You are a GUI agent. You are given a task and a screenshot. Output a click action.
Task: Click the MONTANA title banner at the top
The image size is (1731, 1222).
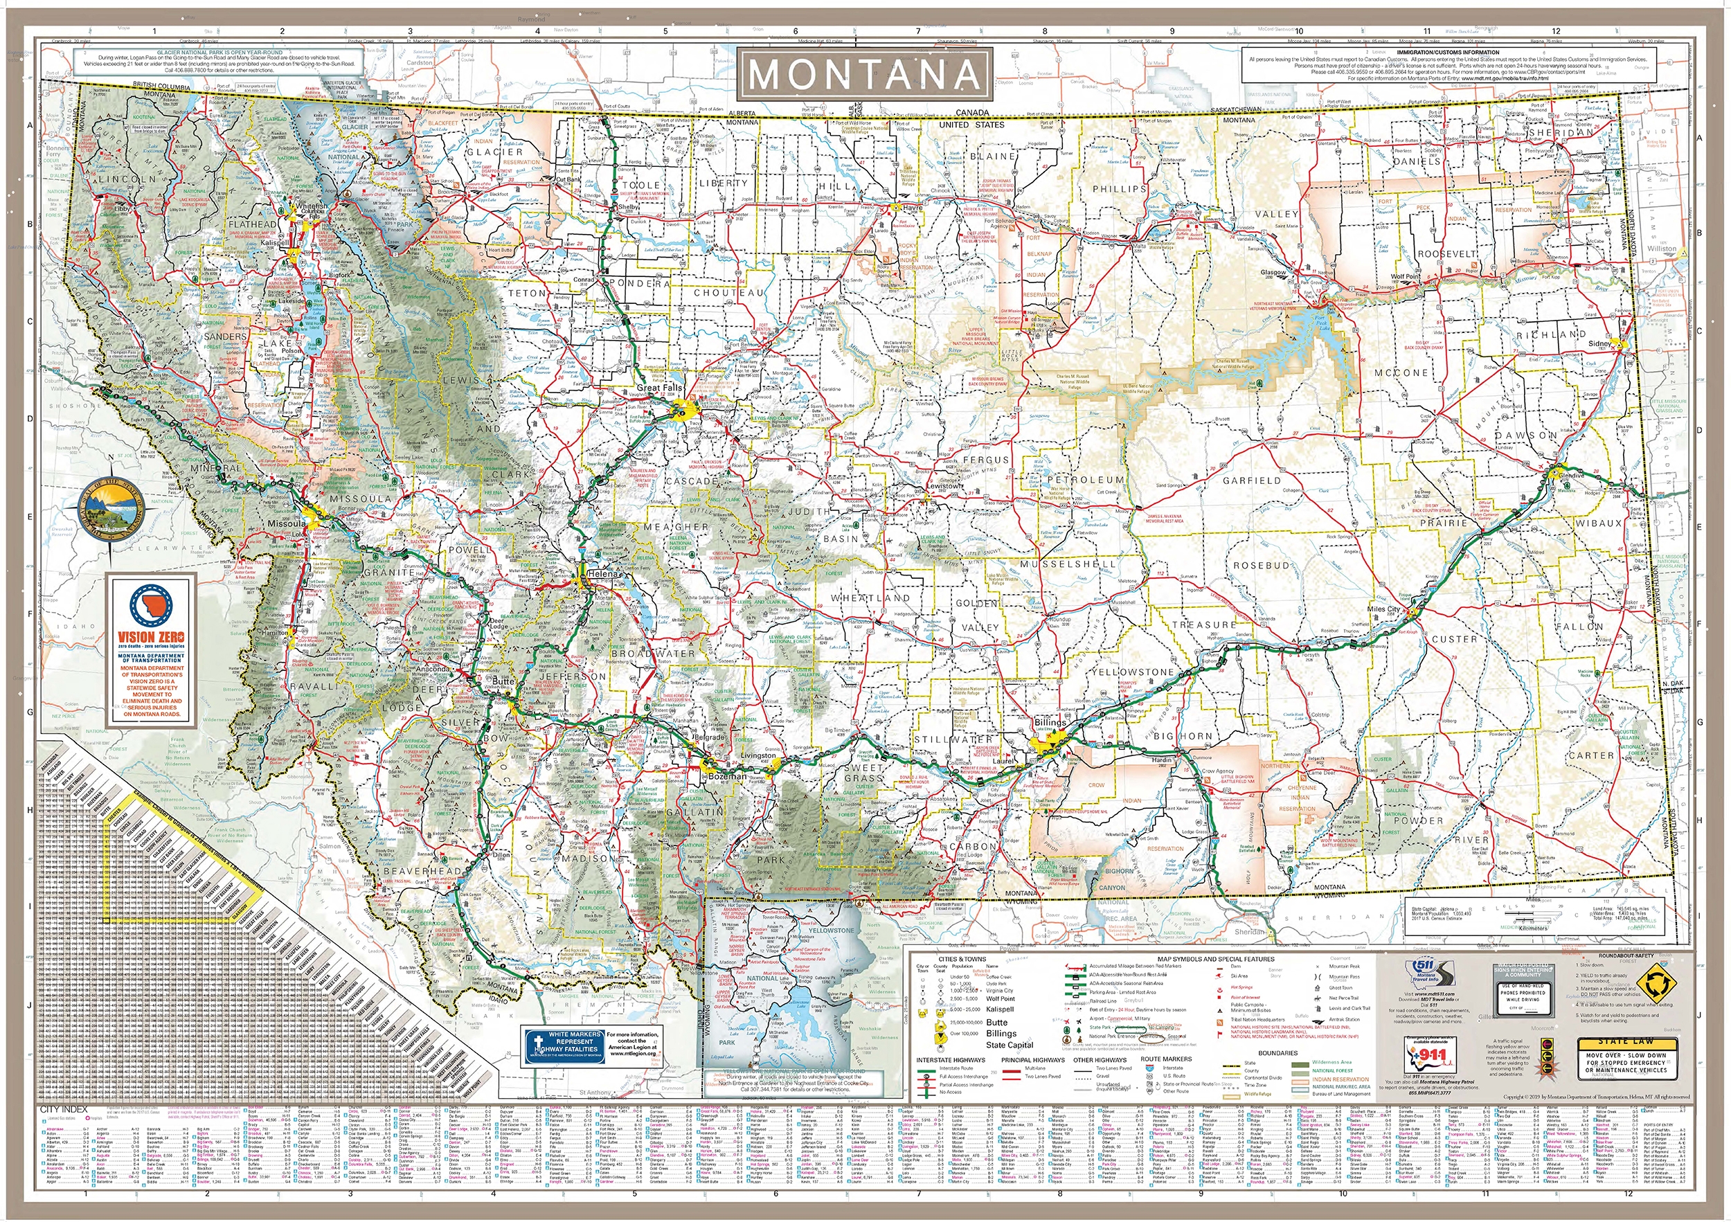tap(865, 74)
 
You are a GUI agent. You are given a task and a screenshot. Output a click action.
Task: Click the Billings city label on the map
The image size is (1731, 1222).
tap(1050, 722)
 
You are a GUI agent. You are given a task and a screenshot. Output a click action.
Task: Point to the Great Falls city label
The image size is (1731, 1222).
tap(660, 388)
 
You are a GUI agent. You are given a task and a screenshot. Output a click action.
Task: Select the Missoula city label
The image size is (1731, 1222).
tap(286, 523)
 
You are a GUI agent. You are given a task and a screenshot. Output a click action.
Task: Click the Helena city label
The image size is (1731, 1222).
tap(602, 574)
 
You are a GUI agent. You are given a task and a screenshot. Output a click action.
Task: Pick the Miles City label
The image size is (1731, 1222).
tap(1383, 609)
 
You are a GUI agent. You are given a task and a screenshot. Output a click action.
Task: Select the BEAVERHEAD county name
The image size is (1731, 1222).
tap(422, 872)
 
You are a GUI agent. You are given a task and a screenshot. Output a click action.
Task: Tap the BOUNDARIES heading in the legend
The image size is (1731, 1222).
tap(1277, 1053)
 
